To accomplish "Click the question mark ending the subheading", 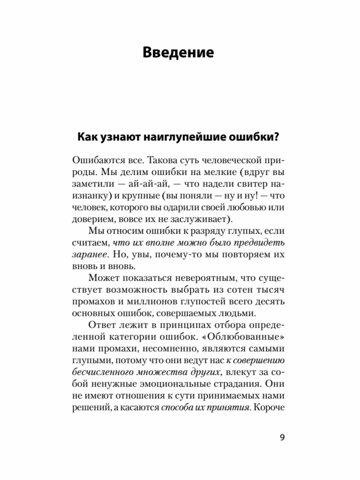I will tap(277, 137).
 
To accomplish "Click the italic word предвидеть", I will tap(259, 243).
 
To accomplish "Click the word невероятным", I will tap(203, 278).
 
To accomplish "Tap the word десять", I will tap(268, 302).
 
